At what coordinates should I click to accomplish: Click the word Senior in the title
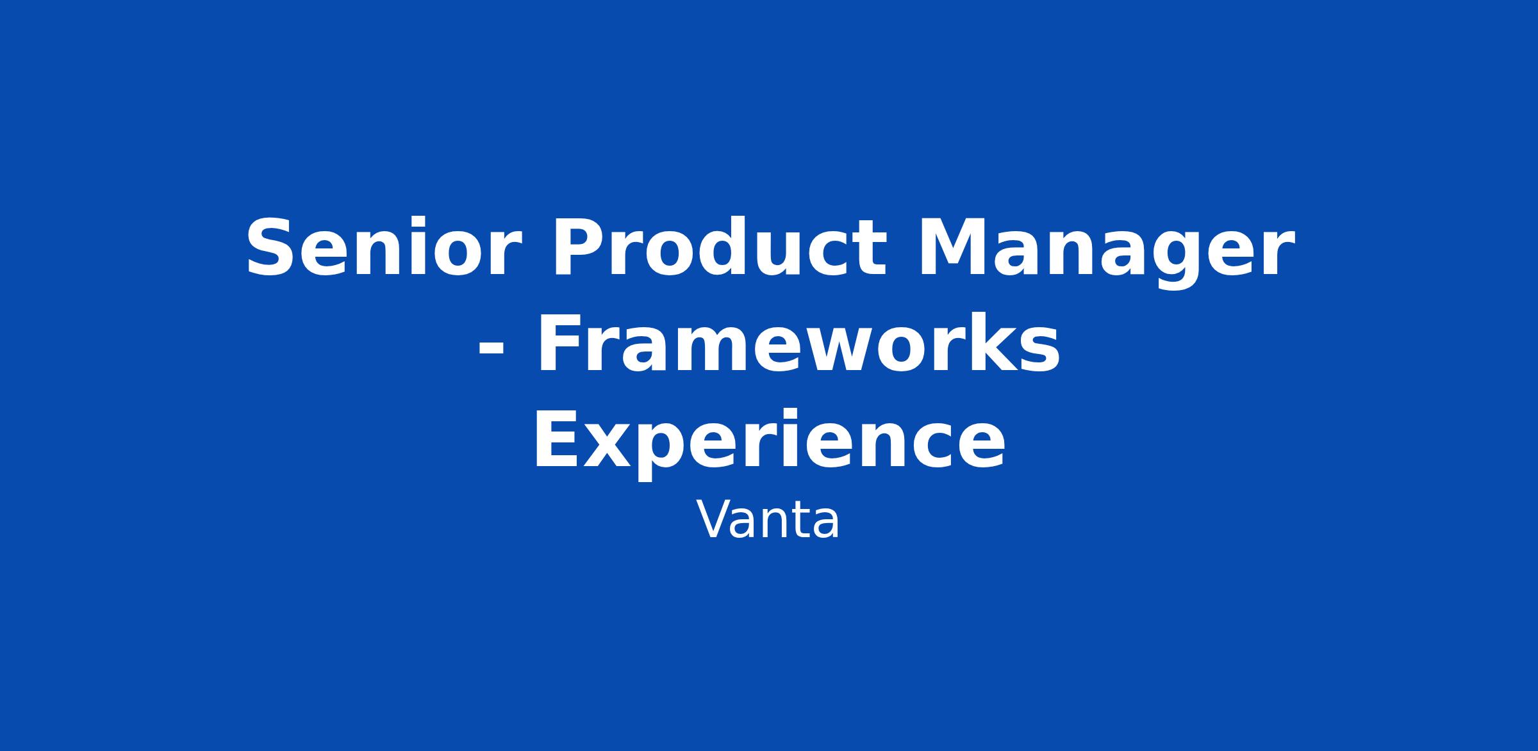coord(383,248)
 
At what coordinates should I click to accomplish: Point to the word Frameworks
coord(797,344)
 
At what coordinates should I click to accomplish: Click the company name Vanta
coord(768,521)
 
